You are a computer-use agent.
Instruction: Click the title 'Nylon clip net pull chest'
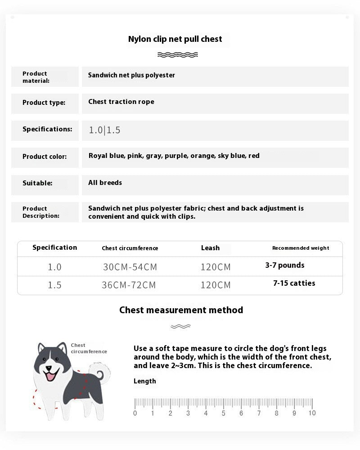pos(175,39)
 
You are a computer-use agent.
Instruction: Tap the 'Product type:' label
pos(44,103)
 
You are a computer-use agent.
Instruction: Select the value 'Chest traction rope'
pos(121,102)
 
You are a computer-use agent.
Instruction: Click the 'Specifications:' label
pos(47,129)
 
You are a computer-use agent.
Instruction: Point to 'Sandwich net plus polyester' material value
pos(131,75)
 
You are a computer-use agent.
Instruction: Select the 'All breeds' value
pos(105,183)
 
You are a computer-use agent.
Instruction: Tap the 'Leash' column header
pos(210,248)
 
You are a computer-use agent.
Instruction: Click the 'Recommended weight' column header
pos(301,248)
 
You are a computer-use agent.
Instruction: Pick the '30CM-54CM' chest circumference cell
pos(130,267)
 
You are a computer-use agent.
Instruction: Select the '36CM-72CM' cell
pos(129,285)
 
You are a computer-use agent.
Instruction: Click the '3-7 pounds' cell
pos(285,265)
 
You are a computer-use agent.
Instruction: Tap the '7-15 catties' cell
pos(294,283)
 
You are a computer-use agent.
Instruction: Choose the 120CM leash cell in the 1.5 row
pos(216,285)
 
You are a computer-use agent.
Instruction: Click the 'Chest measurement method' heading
pos(181,310)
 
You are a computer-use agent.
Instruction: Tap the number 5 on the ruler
pos(223,413)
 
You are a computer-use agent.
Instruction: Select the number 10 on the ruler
pos(312,413)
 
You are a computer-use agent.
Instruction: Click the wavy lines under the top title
pos(178,55)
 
